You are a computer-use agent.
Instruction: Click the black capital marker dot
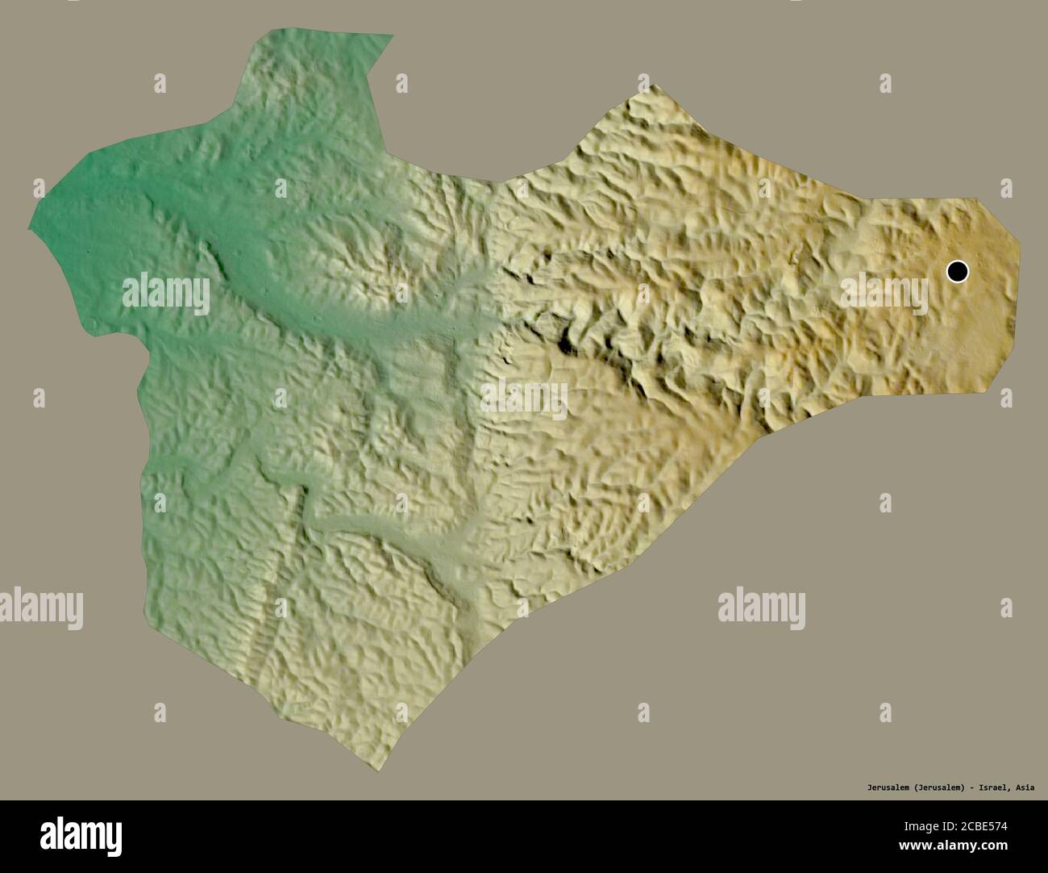click(x=957, y=272)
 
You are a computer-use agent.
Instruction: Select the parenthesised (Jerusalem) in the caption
click(x=940, y=787)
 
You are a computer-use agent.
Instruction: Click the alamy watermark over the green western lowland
click(x=166, y=294)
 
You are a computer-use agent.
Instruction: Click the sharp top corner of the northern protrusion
click(x=393, y=35)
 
